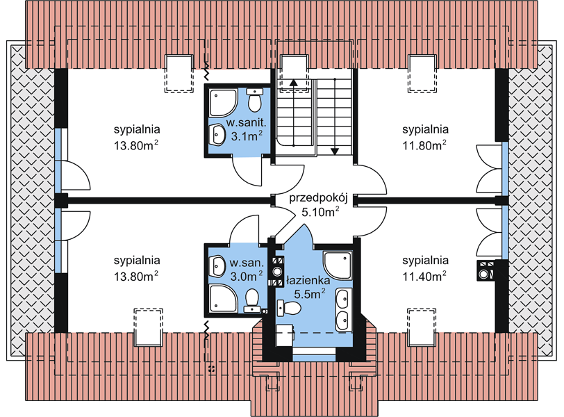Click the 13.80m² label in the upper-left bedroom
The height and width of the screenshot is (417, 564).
(x=136, y=145)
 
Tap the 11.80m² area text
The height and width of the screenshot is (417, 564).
(x=424, y=145)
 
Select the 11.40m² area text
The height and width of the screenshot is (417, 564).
(x=424, y=276)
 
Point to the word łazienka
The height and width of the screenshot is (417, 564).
(x=308, y=280)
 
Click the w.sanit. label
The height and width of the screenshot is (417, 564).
(x=246, y=123)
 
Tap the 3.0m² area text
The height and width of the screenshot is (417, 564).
(x=247, y=276)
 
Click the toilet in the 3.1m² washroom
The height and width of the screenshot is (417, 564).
(x=255, y=100)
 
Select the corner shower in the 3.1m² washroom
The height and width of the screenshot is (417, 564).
(x=223, y=103)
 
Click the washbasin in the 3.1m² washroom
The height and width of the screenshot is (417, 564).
(x=217, y=135)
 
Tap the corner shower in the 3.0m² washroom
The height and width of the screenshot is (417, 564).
(x=223, y=299)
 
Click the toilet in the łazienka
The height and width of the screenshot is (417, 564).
(x=289, y=309)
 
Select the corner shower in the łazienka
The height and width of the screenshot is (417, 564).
(x=338, y=265)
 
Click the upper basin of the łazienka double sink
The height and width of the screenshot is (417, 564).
(x=343, y=298)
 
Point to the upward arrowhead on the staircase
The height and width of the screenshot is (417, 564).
(x=294, y=82)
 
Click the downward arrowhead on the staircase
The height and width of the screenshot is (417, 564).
(x=335, y=152)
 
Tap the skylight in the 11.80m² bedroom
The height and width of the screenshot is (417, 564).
(x=422, y=74)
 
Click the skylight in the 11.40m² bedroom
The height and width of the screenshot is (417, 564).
(x=422, y=327)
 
